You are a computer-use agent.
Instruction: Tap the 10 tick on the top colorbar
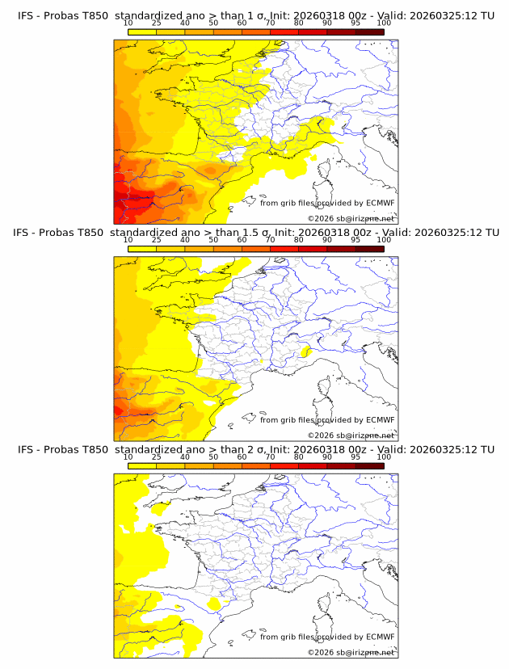pos(128,23)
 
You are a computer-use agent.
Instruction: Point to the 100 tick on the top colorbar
pos(384,23)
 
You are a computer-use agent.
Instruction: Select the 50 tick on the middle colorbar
pos(213,240)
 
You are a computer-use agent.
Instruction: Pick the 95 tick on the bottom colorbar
pos(355,457)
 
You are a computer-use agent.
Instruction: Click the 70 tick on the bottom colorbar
pos(270,457)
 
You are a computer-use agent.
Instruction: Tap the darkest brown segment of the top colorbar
pos(369,32)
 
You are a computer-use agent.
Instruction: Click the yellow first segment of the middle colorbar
pos(141,249)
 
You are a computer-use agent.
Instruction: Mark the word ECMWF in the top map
pos(380,203)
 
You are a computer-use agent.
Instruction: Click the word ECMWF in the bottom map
pos(380,637)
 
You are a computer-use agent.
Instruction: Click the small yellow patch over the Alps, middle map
pos(306,351)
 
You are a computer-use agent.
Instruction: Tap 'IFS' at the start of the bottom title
pos(27,449)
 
